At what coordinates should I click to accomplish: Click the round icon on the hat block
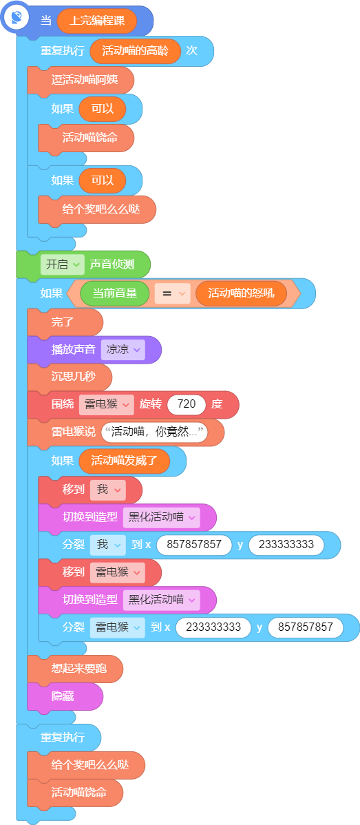click(x=17, y=17)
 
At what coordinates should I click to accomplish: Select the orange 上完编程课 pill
click(x=97, y=21)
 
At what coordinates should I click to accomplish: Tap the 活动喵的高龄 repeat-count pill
click(x=136, y=51)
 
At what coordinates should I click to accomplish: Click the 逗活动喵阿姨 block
click(x=81, y=81)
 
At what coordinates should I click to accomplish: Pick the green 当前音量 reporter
click(x=115, y=293)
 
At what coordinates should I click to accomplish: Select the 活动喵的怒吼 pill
click(x=241, y=293)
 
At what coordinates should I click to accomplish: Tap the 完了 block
click(x=65, y=322)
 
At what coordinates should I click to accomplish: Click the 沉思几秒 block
click(x=70, y=377)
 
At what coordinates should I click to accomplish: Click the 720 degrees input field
click(x=187, y=405)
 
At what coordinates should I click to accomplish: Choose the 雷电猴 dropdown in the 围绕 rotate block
click(x=106, y=405)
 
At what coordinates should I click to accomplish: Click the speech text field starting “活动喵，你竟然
click(x=154, y=432)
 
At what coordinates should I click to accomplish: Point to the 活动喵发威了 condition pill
click(x=125, y=461)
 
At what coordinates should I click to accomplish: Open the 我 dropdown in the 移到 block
click(x=108, y=490)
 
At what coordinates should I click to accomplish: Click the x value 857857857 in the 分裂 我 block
click(x=194, y=545)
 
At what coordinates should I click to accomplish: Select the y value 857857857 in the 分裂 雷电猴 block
click(x=306, y=627)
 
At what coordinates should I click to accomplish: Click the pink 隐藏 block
click(x=65, y=696)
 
